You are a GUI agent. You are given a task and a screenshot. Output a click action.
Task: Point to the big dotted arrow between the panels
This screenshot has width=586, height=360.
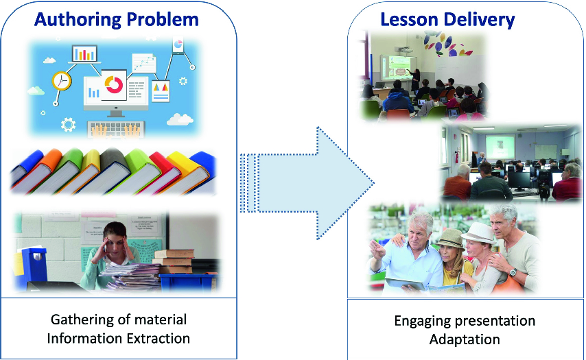pos(307,183)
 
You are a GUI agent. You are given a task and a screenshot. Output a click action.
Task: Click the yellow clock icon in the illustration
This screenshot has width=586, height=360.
pos(61,81)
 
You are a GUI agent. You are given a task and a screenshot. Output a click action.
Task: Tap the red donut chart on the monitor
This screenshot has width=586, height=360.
pos(114,85)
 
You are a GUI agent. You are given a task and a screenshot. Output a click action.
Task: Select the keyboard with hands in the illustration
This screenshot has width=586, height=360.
pos(116,130)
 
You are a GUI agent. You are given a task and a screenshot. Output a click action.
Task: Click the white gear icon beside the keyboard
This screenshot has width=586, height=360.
pos(68,124)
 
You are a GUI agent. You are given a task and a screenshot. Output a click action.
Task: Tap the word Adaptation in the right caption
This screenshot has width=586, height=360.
pos(465,340)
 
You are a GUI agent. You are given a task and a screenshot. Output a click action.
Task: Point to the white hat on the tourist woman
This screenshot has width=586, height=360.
pos(479,232)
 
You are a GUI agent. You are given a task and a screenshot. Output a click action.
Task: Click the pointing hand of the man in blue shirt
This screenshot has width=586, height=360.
pos(377,250)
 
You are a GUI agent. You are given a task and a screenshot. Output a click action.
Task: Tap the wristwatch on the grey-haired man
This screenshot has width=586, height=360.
pos(513,272)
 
